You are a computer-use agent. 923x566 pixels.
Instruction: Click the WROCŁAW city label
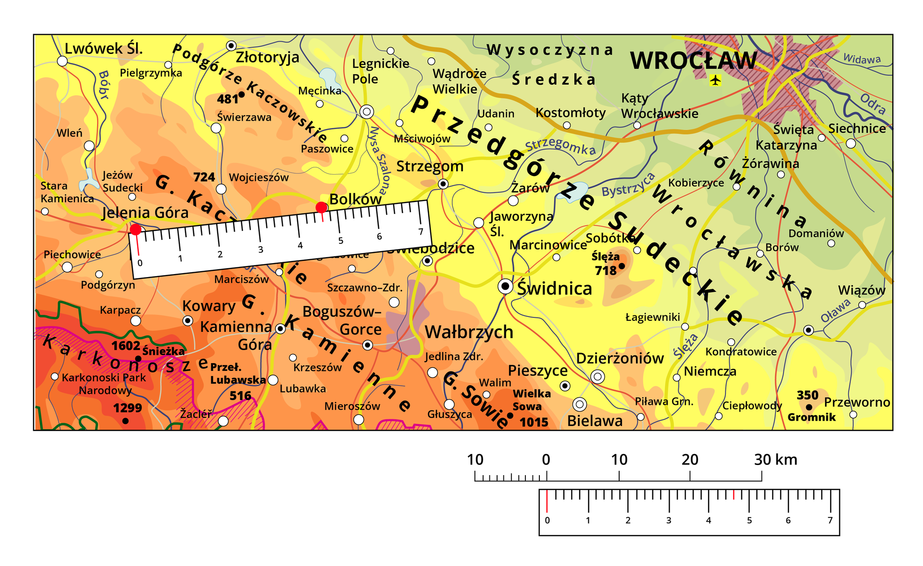coord(693,61)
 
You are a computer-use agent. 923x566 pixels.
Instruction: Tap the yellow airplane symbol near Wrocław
coord(715,80)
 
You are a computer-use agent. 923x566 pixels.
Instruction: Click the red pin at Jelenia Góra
coord(136,230)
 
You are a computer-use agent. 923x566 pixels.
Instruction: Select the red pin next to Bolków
coord(321,208)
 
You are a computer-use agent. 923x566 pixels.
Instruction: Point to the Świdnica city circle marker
coord(505,287)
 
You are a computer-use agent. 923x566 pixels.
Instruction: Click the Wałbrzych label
coord(469,332)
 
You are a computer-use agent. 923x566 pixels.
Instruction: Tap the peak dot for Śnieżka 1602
coord(138,358)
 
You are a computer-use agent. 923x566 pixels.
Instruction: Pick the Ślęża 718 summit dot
coord(622,266)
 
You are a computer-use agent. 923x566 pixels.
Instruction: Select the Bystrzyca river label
coord(628,185)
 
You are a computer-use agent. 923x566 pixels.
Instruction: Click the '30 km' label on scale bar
coord(775,460)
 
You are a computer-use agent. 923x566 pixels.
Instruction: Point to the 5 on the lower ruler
coord(749,520)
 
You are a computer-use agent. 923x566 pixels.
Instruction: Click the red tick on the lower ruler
coord(734,495)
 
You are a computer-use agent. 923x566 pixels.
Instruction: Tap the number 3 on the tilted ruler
coord(261,250)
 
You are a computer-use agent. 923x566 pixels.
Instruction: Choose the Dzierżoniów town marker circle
coord(598,377)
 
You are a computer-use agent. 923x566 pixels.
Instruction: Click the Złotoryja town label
coord(267,58)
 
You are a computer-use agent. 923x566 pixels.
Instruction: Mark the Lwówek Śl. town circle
coord(62,61)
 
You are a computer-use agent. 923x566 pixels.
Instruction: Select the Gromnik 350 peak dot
coord(809,407)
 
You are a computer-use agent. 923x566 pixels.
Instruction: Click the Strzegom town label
coord(430,166)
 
